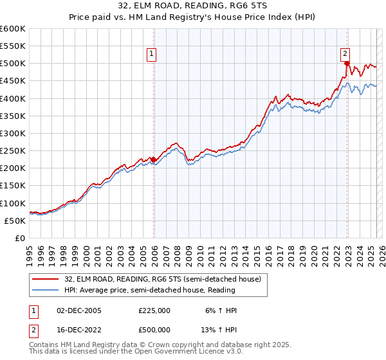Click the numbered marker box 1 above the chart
(x=152, y=54)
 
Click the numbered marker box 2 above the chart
(x=345, y=54)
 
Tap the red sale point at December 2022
(x=347, y=64)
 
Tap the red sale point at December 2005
(x=154, y=159)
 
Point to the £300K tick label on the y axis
(x=13, y=133)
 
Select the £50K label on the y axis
(x=15, y=221)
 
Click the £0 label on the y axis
(x=19, y=238)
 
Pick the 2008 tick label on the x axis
(x=176, y=253)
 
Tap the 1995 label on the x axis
(x=29, y=253)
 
